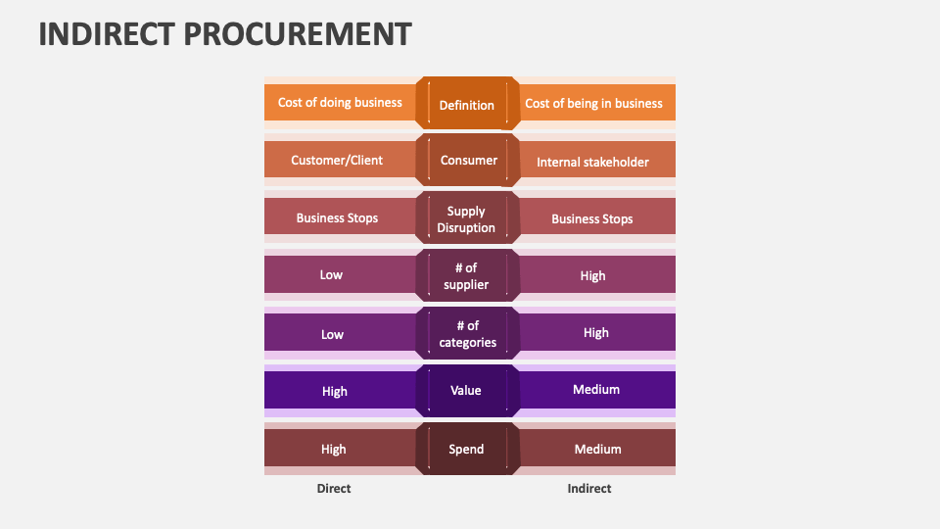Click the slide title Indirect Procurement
225,33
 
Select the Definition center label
467,105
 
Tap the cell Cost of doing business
340,102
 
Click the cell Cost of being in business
593,103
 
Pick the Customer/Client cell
337,160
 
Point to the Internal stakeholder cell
592,162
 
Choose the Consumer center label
469,160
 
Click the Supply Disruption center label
466,219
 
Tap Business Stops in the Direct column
337,217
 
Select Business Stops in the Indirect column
592,218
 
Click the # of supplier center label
466,276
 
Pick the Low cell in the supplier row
331,275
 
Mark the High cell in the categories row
596,333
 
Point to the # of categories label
468,334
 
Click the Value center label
466,390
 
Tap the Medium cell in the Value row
596,390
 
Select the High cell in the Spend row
334,449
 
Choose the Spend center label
466,449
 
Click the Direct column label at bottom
334,488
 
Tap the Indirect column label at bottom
589,488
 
